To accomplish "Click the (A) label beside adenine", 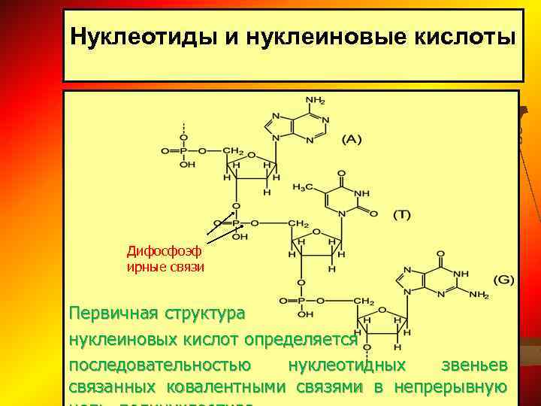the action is pyautogui.click(x=352, y=138).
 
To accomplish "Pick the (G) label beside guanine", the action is pyautogui.click(x=503, y=280).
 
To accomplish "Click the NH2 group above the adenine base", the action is pyautogui.click(x=316, y=100).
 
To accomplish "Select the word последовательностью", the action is pyautogui.click(x=160, y=365).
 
